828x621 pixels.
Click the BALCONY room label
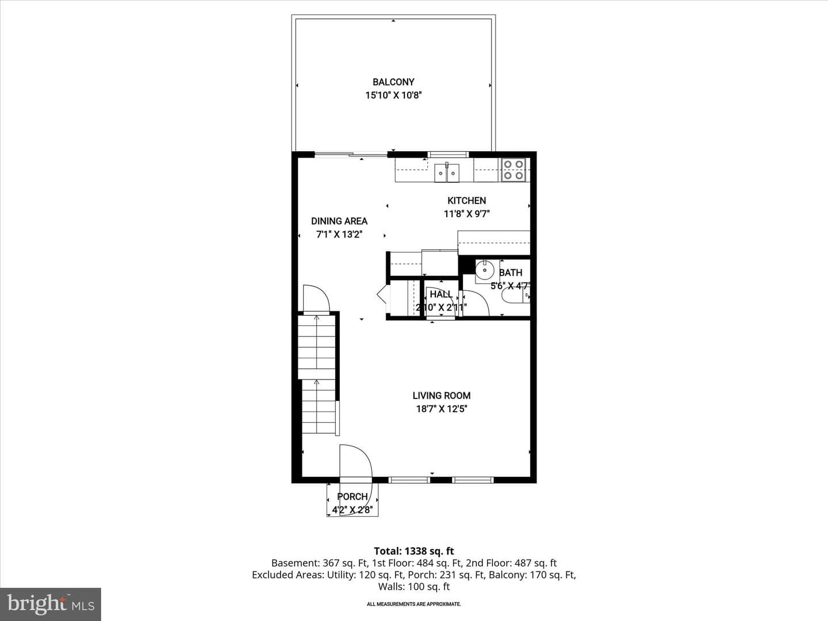pos(393,82)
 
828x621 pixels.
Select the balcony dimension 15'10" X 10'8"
pos(393,95)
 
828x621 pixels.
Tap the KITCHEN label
pos(467,201)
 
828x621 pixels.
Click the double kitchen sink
pos(447,173)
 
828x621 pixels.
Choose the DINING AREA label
pos(339,221)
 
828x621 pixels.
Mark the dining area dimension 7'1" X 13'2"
pos(339,235)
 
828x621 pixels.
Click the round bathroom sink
pos(485,270)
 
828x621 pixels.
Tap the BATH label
pos(511,273)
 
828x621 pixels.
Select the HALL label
pos(441,294)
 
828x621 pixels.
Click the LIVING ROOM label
pos(442,396)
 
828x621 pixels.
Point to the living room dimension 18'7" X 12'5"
pos(442,409)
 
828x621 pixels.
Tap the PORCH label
pos(352,497)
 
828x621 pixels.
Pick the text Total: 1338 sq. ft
pos(414,551)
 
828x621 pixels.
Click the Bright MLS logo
pos(51,604)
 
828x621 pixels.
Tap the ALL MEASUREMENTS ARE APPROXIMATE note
pos(414,604)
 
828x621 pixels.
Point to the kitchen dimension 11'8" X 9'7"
pos(467,214)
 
